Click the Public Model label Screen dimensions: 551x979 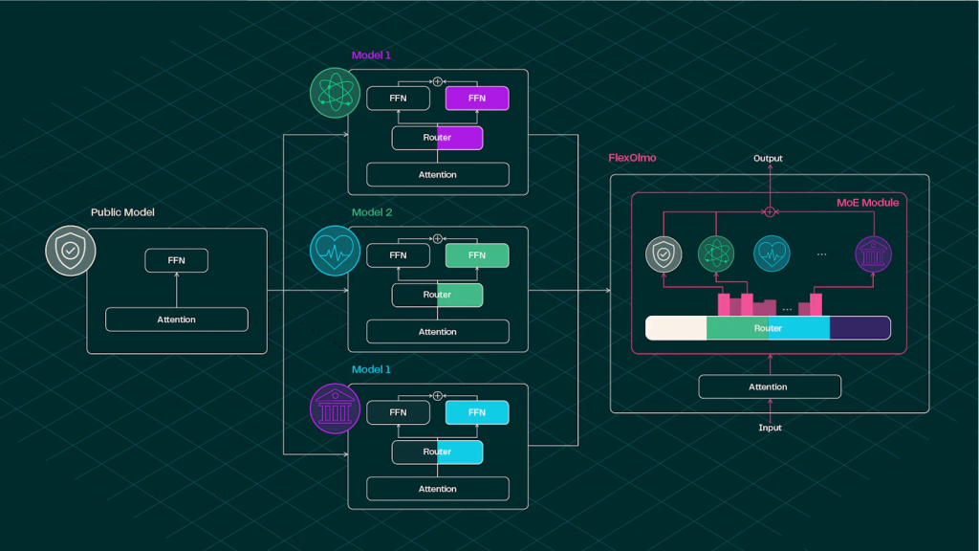[x=122, y=212]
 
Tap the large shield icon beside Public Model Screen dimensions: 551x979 [x=70, y=253]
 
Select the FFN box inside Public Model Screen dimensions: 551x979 [x=176, y=260]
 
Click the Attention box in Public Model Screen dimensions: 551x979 [x=176, y=320]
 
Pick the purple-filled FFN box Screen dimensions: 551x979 [x=477, y=99]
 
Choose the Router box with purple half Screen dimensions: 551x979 [x=437, y=138]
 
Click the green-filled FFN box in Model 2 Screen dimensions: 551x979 [x=477, y=255]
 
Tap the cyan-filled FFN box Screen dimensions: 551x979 [x=477, y=412]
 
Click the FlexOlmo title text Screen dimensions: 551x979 [x=632, y=158]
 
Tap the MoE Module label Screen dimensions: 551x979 [x=867, y=203]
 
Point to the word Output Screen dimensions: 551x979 [x=768, y=159]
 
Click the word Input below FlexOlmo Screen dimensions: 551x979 [x=770, y=428]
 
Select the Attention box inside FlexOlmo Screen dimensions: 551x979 [x=770, y=386]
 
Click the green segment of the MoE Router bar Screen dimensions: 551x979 [x=737, y=328]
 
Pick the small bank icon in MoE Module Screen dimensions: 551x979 [x=872, y=253]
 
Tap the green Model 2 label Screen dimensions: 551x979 [x=371, y=212]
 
